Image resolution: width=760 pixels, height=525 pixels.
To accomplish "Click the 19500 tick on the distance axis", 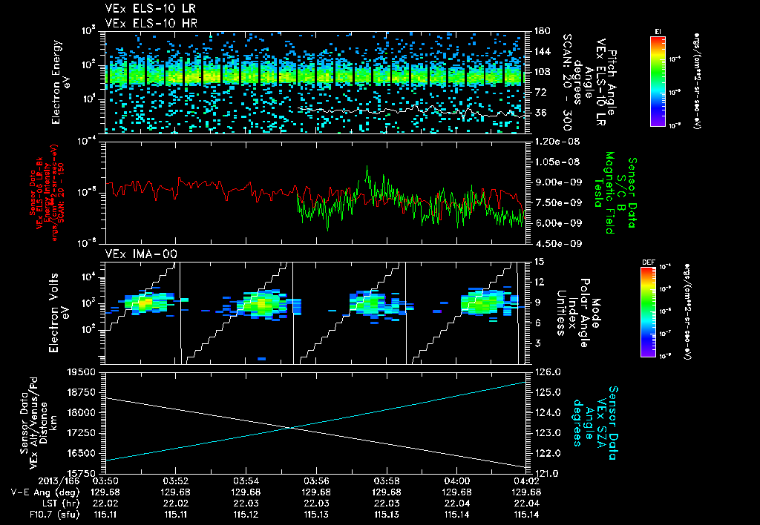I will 82,372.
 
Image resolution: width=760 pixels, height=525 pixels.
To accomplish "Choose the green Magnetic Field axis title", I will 622,194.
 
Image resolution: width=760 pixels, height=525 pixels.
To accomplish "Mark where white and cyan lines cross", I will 291,427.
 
